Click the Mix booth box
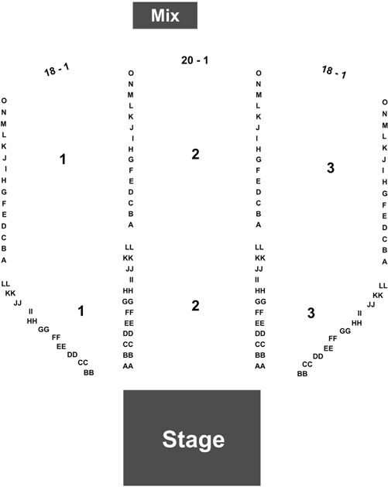point(165,15)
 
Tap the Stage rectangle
point(192,438)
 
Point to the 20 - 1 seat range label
point(195,60)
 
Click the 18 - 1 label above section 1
point(57,70)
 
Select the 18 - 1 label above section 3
point(334,72)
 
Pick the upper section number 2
point(195,154)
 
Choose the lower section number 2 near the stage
point(195,306)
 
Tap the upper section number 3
point(331,168)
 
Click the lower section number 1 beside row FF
point(81,311)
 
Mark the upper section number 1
point(63,159)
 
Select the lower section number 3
point(311,313)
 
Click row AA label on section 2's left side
point(128,366)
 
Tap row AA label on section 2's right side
point(260,366)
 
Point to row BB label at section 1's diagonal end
point(89,372)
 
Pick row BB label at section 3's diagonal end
point(302,374)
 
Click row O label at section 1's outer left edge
point(4,101)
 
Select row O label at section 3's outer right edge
point(385,102)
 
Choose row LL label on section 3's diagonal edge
point(383,286)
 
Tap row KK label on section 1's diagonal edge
point(10,293)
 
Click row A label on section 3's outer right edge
point(385,262)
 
